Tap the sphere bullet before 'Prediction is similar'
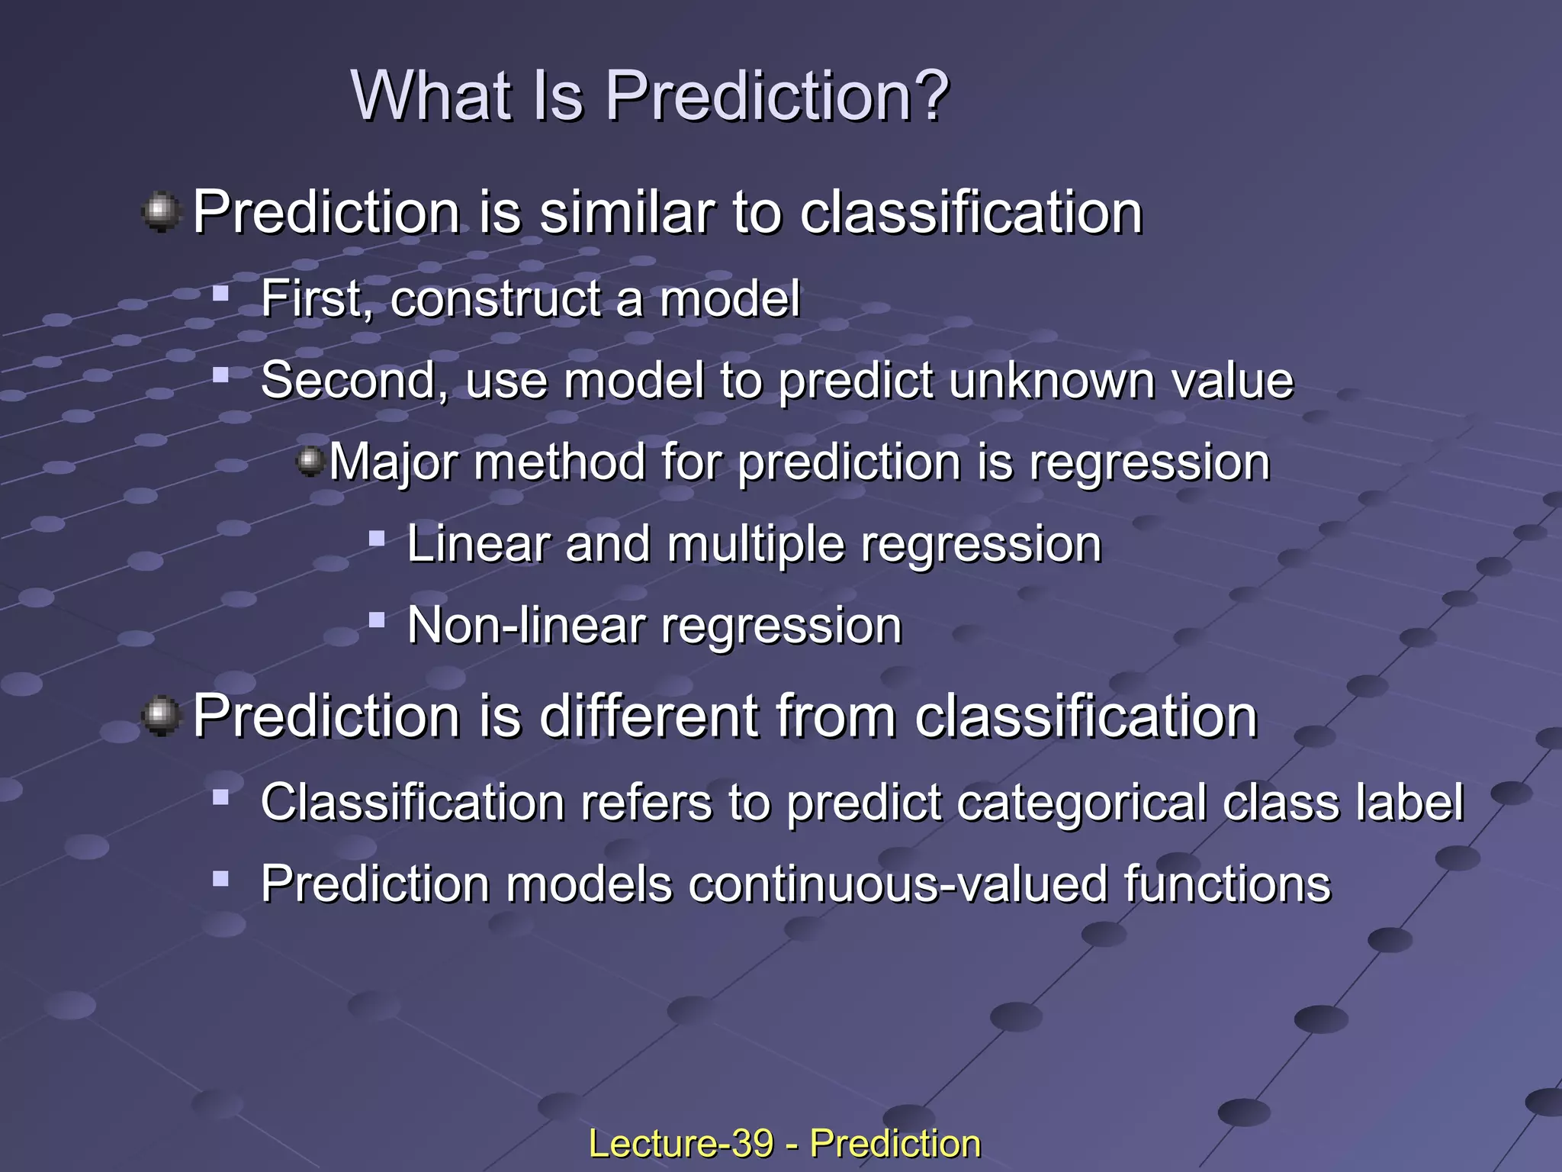pyautogui.click(x=161, y=211)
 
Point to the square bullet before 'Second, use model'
pyautogui.click(x=221, y=375)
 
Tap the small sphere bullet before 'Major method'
pyautogui.click(x=310, y=461)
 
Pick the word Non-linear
pyautogui.click(x=526, y=626)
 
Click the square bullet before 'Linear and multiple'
pyautogui.click(x=376, y=539)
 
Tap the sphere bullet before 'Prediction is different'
pyautogui.click(x=161, y=716)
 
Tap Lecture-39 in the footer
pyautogui.click(x=680, y=1144)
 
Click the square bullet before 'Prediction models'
pyautogui.click(x=221, y=879)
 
